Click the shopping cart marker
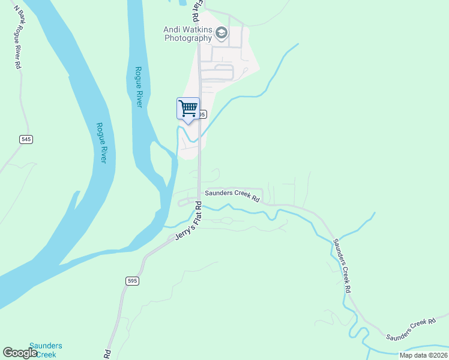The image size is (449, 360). (188, 109)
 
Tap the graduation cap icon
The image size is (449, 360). (221, 33)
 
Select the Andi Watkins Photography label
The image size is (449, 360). (188, 33)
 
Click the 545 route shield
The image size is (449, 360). (25, 139)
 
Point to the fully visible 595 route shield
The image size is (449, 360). (133, 281)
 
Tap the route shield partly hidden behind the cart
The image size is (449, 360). (203, 114)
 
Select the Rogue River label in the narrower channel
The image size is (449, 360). (139, 87)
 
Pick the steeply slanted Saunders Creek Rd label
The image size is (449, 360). (342, 265)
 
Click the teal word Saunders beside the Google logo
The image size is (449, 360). (46, 346)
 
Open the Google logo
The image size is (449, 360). (20, 353)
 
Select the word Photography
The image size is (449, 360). (188, 38)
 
